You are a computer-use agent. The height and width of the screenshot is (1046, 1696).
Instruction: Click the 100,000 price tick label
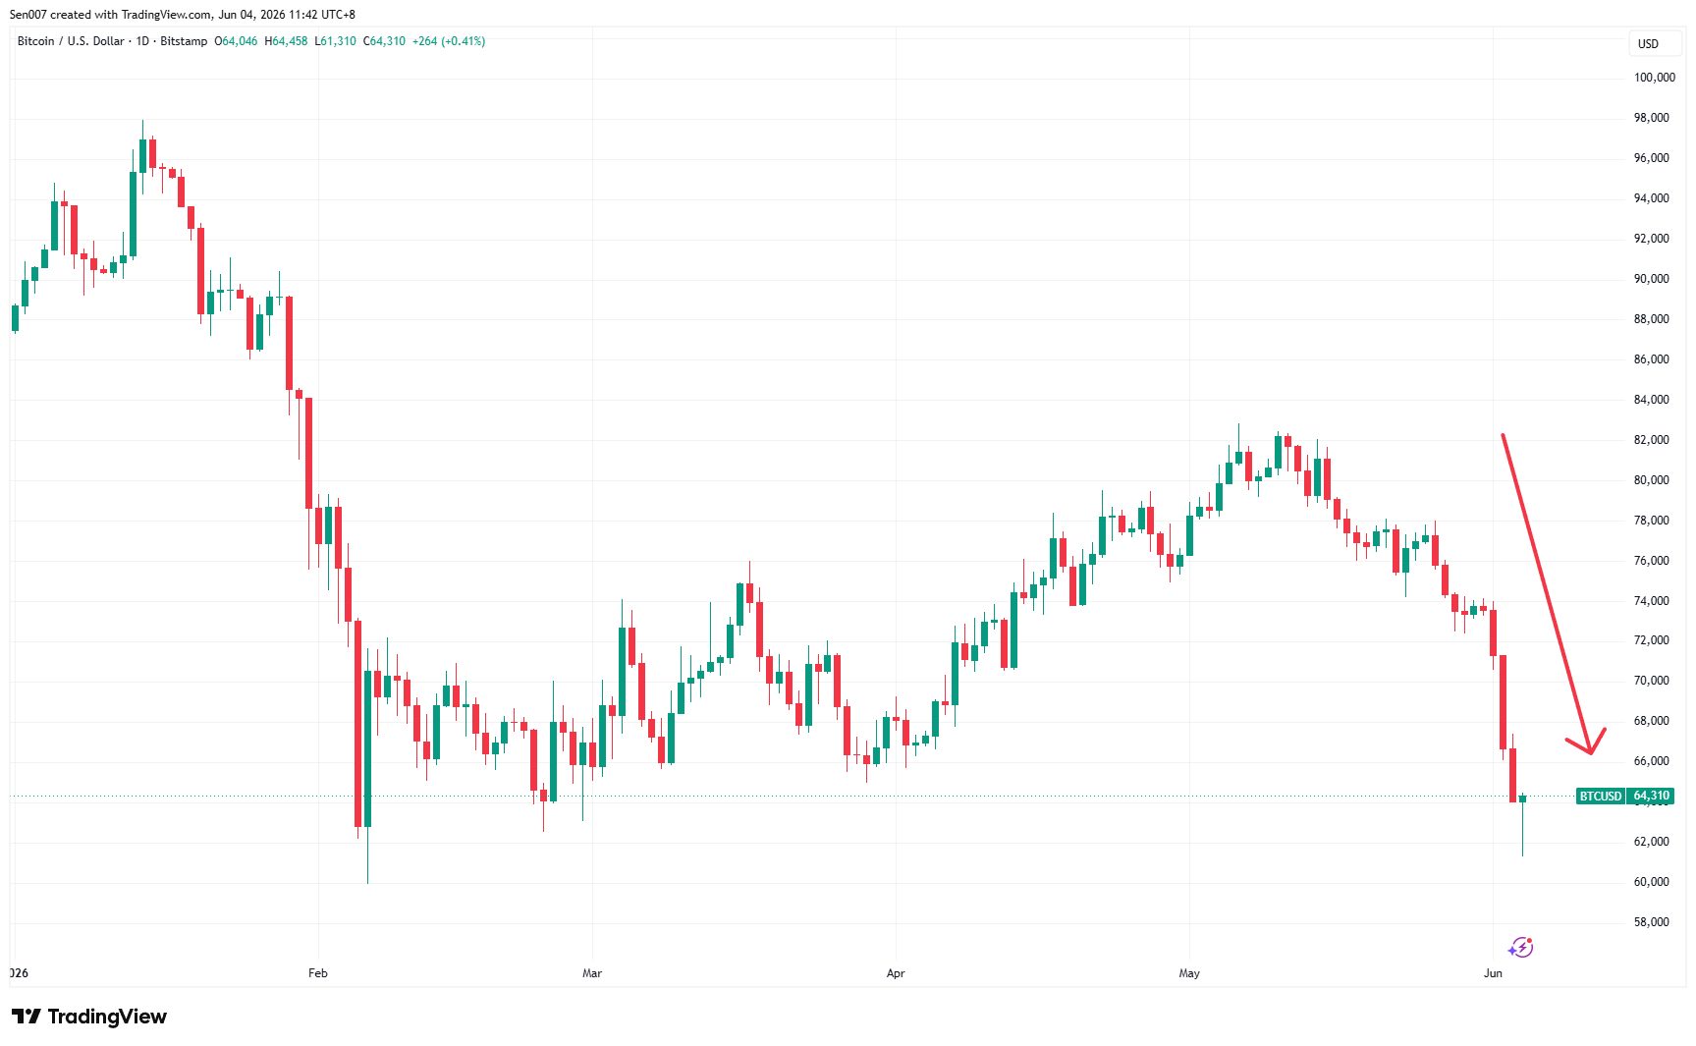[1654, 78]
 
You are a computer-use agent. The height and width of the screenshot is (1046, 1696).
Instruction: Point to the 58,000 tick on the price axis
[1651, 922]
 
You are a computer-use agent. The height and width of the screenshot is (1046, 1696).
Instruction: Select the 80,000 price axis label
[1651, 480]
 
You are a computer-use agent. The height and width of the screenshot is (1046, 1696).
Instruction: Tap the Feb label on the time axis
[317, 973]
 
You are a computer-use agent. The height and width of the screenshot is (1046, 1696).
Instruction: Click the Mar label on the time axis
[591, 973]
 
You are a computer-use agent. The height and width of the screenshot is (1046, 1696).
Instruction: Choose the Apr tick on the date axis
[895, 973]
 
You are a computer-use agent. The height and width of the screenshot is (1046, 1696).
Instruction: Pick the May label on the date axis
[1189, 973]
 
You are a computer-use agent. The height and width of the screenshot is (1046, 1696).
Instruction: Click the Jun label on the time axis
[1493, 973]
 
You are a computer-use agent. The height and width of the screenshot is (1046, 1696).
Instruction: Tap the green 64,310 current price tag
[1651, 797]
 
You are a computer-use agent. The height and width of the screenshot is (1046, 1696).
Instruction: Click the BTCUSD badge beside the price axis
[1601, 797]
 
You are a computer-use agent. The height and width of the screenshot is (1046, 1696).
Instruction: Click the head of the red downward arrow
[1591, 752]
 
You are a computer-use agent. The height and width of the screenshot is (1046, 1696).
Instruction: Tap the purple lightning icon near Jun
[1520, 947]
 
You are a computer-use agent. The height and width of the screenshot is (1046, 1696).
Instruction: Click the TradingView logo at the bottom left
[89, 1017]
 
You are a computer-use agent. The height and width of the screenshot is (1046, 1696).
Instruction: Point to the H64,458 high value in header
[286, 41]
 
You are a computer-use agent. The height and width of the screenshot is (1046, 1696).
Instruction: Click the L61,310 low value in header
[335, 41]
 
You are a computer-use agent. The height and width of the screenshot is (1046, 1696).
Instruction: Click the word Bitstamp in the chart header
[184, 41]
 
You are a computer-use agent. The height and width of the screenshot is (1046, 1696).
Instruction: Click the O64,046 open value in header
[236, 41]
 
